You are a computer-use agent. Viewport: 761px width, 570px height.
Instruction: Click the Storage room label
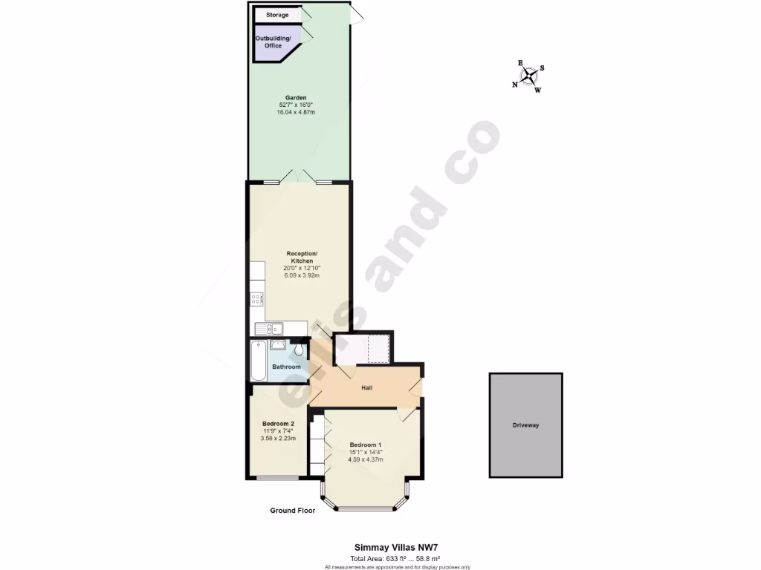[277, 15]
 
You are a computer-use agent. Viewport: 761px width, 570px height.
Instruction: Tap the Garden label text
[296, 97]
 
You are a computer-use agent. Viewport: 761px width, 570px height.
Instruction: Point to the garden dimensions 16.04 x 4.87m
[296, 112]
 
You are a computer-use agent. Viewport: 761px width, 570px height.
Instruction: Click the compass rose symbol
[528, 76]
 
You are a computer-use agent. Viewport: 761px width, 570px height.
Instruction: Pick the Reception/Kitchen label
[302, 258]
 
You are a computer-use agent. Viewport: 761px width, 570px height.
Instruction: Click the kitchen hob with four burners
[257, 300]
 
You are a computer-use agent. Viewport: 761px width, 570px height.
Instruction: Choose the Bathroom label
[286, 367]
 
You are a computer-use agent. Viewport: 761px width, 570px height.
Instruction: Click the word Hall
[366, 387]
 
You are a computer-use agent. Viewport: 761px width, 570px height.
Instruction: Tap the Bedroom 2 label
[278, 424]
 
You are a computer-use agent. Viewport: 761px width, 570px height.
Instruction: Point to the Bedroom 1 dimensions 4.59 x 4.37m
[366, 459]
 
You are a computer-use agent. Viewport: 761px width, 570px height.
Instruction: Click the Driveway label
[525, 425]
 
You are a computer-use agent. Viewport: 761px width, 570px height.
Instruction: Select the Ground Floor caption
[293, 511]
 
